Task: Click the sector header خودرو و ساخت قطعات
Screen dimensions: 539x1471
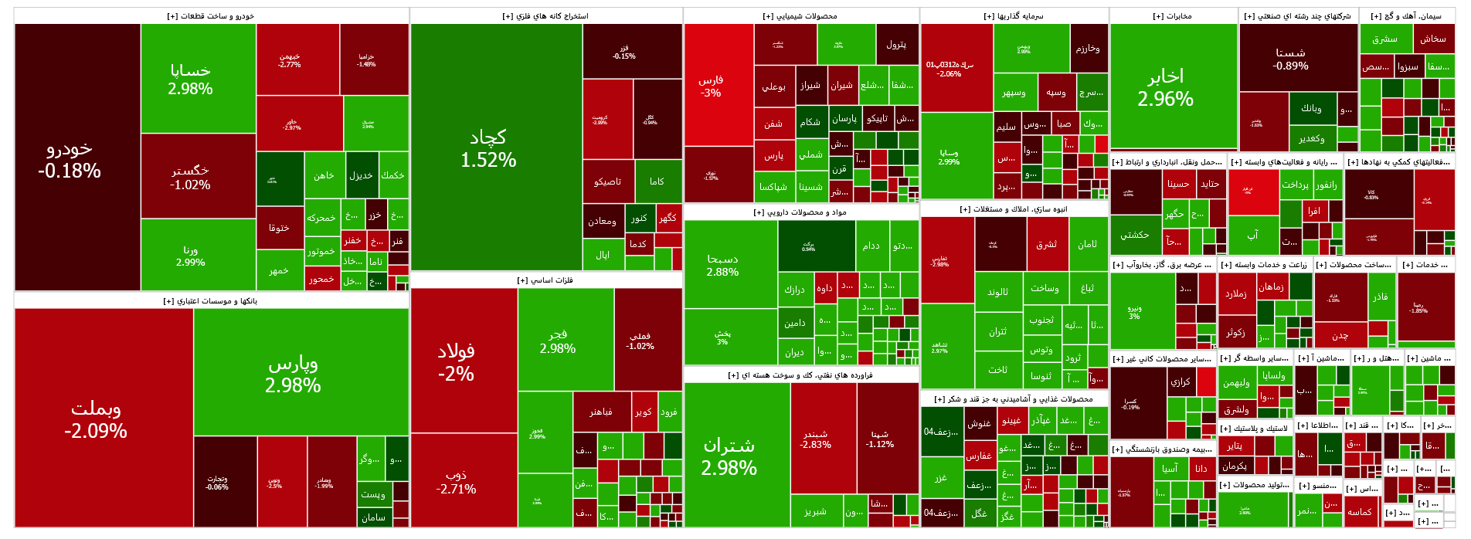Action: (x=211, y=16)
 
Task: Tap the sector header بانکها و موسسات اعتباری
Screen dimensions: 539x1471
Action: (x=211, y=301)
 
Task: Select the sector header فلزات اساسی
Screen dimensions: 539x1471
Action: (x=545, y=280)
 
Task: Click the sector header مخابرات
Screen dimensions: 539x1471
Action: (x=1173, y=16)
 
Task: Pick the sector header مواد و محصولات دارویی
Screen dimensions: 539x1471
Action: (x=800, y=212)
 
